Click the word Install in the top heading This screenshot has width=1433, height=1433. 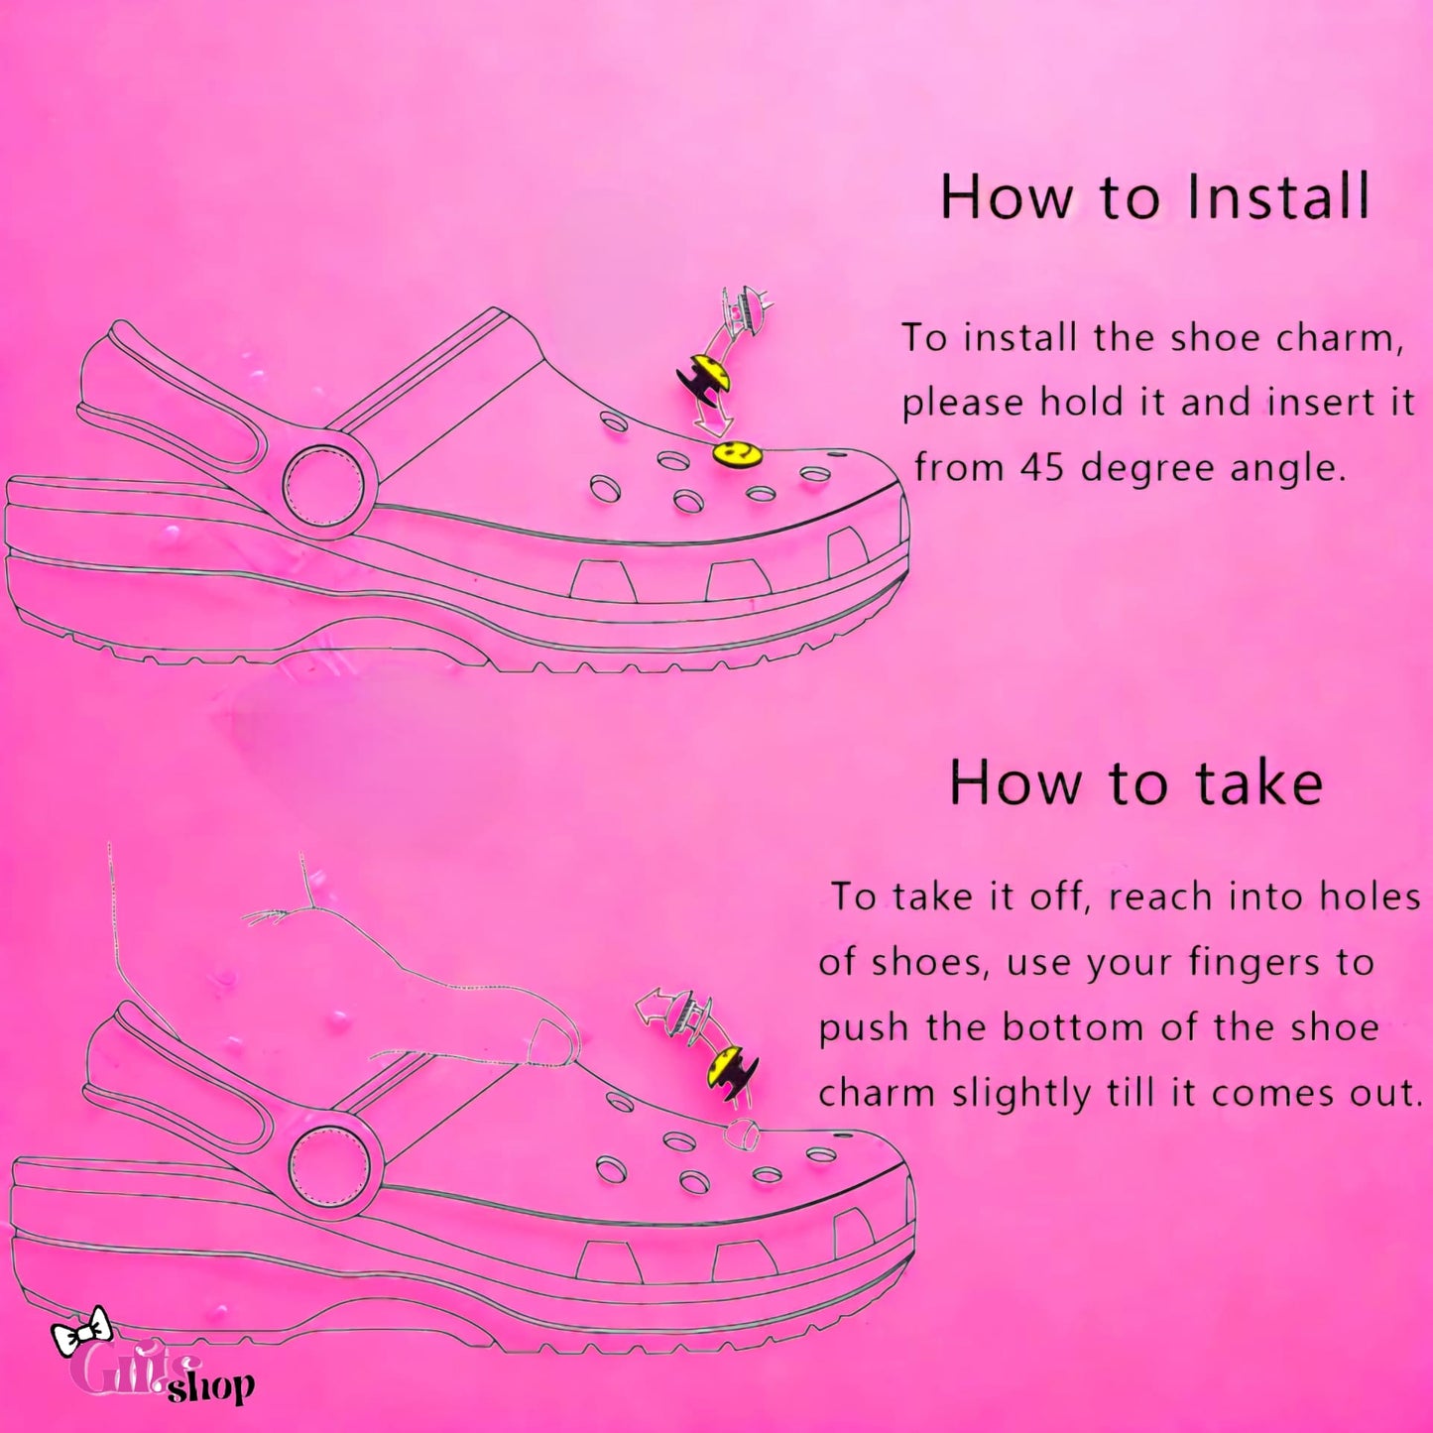tap(1278, 196)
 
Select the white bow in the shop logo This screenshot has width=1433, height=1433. tap(81, 1331)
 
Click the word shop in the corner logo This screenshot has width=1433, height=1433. tap(211, 1386)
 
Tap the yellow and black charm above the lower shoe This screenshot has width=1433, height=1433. tap(731, 1071)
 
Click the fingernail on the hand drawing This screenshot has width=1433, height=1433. tap(549, 1042)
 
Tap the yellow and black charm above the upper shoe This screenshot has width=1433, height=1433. tap(705, 377)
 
